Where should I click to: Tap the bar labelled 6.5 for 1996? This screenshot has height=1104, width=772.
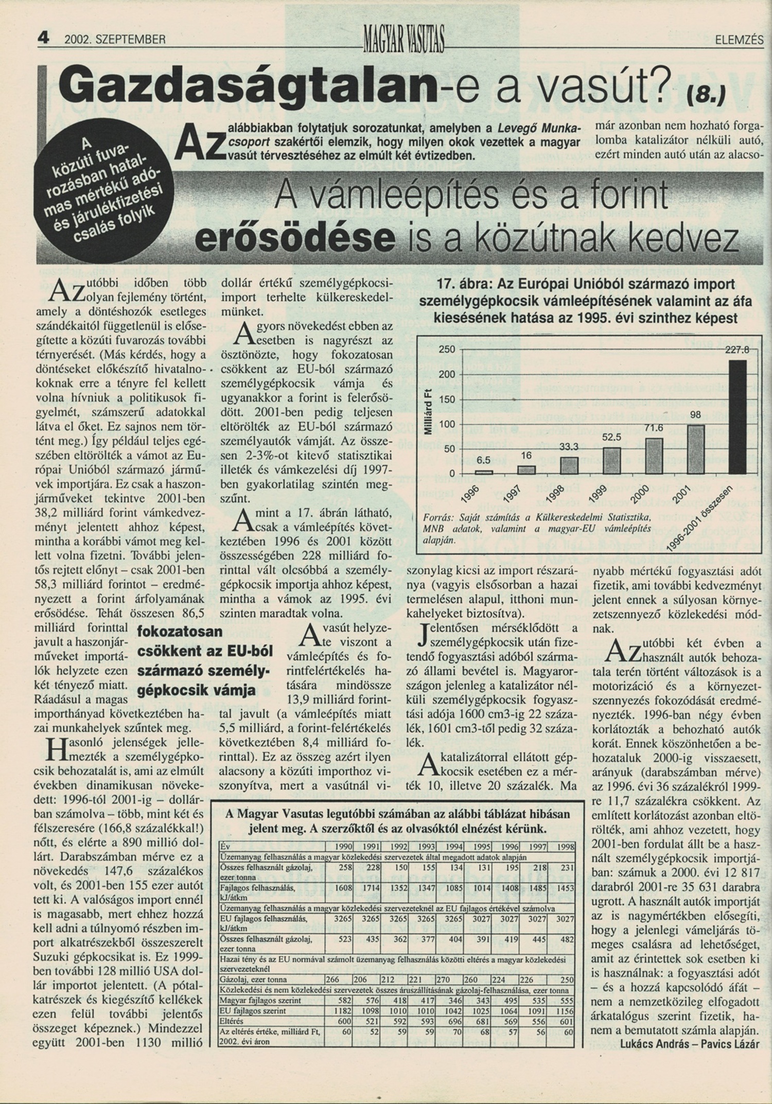pos(483,471)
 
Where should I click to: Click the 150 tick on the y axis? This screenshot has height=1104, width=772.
pos(447,399)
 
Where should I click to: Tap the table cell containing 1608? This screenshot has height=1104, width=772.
pos(342,888)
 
